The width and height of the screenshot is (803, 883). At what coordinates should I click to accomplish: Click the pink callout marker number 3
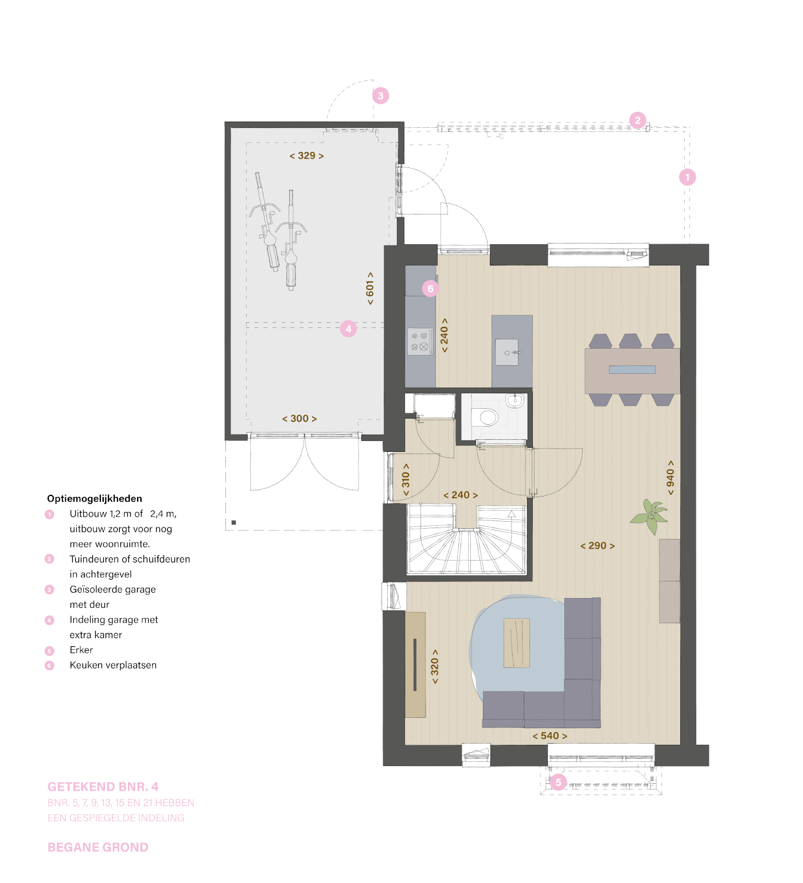tap(380, 96)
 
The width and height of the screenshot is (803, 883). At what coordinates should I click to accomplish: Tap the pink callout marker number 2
tap(637, 120)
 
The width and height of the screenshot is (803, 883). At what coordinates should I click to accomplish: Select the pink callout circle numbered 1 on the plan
tap(687, 177)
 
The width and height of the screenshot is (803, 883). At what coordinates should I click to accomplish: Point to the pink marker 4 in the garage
tap(348, 329)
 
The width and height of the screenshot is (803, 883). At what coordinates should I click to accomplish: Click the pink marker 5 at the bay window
tap(558, 782)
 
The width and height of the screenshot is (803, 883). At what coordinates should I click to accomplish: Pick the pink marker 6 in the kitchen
tap(430, 288)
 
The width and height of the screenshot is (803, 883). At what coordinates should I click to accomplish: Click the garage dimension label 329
tap(307, 155)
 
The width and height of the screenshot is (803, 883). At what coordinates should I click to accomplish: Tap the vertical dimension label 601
tap(370, 288)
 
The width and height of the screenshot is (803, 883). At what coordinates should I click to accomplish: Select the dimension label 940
tap(671, 477)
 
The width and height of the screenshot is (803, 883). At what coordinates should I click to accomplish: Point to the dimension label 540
tap(549, 736)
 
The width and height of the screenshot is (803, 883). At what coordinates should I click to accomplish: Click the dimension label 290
tap(597, 546)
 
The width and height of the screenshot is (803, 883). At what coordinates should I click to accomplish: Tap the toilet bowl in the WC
tap(488, 417)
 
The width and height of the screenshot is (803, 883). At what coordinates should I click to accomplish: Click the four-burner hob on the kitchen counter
tap(419, 342)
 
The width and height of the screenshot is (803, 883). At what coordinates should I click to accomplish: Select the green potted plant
tap(650, 515)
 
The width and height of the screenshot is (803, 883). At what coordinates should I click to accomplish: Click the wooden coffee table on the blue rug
tap(517, 643)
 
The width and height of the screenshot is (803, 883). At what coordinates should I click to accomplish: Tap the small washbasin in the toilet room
tap(514, 400)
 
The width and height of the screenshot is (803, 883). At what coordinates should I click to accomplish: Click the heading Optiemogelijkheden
tap(95, 499)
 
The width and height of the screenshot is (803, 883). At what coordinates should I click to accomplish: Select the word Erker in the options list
tap(81, 650)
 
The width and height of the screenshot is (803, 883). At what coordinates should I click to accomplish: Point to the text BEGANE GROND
tap(98, 847)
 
